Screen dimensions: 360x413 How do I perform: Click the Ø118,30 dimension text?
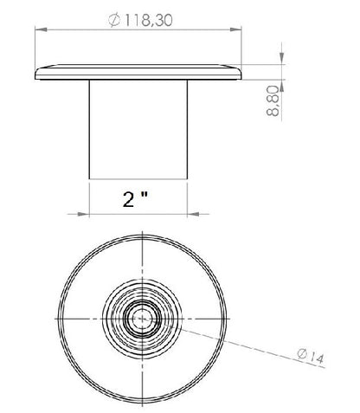click(140, 20)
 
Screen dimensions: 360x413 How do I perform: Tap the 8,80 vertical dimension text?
click(273, 101)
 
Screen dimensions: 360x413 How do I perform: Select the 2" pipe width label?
click(135, 199)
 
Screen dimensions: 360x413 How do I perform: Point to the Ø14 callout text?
click(311, 356)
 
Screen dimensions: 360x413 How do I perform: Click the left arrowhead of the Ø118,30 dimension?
click(41, 29)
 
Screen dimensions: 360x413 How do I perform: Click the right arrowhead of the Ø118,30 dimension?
click(235, 29)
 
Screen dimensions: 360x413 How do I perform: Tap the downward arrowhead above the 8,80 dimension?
click(282, 59)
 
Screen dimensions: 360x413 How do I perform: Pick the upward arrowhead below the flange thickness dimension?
click(282, 86)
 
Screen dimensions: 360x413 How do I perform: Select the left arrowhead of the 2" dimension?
click(84, 214)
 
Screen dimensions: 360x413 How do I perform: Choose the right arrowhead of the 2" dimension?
click(194, 214)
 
